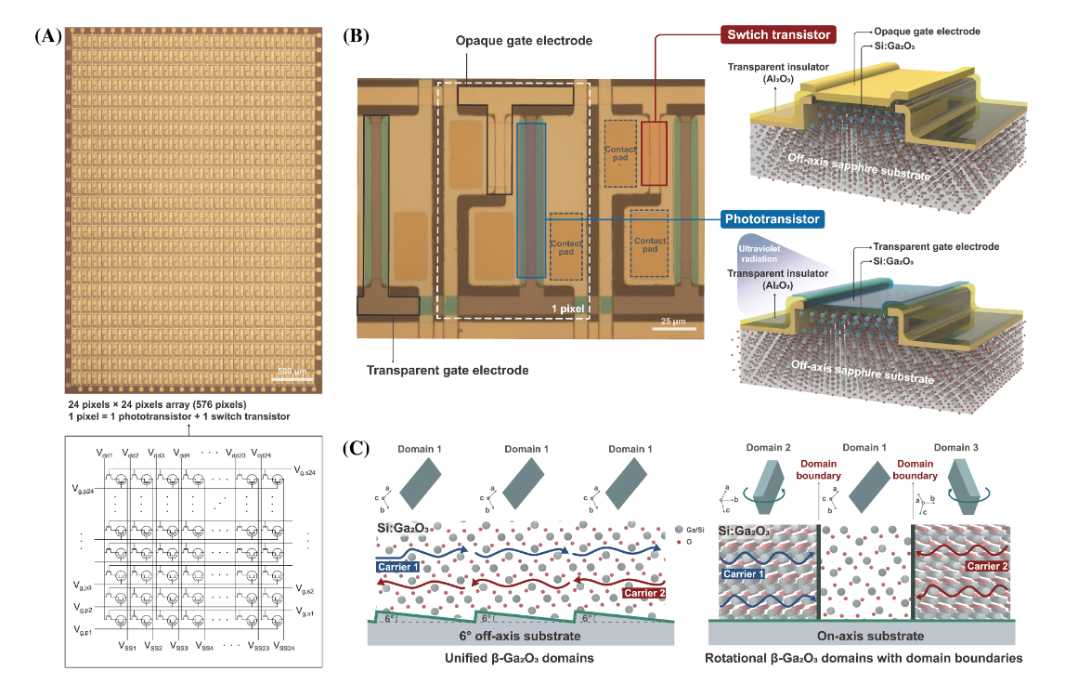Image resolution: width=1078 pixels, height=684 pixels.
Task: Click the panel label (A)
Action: click(x=48, y=36)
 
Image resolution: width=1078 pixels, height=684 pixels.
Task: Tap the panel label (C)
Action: click(x=357, y=447)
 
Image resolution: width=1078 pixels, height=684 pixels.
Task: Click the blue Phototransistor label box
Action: click(x=772, y=219)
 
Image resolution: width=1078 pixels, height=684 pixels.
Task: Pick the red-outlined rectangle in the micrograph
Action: click(x=654, y=151)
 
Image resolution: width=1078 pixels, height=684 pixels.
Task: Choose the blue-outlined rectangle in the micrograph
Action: click(x=531, y=200)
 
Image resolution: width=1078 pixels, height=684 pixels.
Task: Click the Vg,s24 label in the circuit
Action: click(x=306, y=471)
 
